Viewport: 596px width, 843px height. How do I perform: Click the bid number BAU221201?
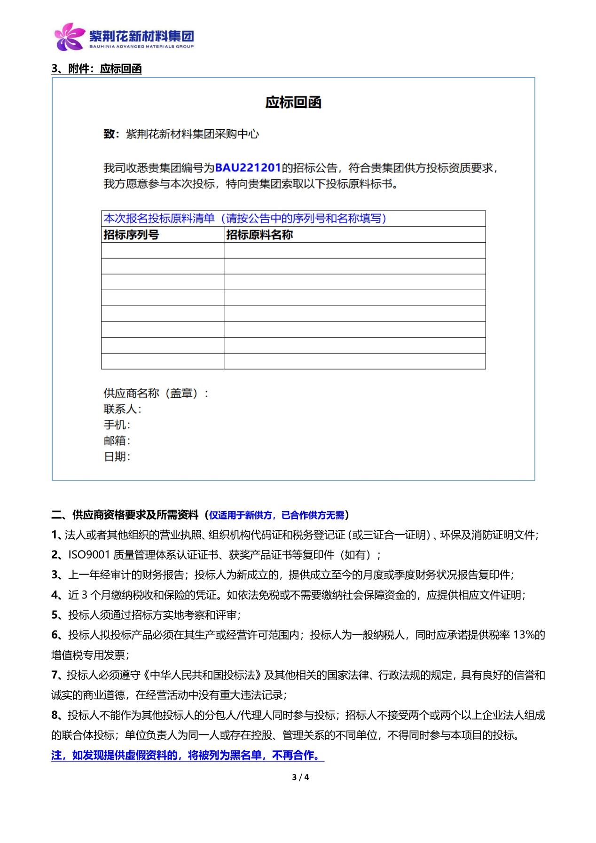point(248,168)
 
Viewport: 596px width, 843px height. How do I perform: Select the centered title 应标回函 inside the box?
point(293,102)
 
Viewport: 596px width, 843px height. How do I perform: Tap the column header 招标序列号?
point(131,235)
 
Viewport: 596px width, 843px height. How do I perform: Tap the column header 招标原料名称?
point(259,235)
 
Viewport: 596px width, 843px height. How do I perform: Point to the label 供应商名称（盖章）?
point(155,393)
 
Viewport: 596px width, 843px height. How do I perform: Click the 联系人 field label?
point(121,409)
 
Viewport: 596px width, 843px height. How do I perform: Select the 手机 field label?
point(116,425)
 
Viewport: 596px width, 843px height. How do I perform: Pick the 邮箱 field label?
point(116,441)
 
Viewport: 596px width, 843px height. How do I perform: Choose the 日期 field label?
point(116,457)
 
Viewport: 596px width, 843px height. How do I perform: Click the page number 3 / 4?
point(300,777)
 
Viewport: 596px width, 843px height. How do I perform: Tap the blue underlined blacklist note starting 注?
point(187,756)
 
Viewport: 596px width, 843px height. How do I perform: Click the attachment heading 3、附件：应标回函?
point(96,69)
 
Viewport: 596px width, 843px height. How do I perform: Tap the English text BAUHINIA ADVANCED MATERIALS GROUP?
point(141,47)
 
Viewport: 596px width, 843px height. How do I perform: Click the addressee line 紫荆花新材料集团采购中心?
point(192,134)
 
